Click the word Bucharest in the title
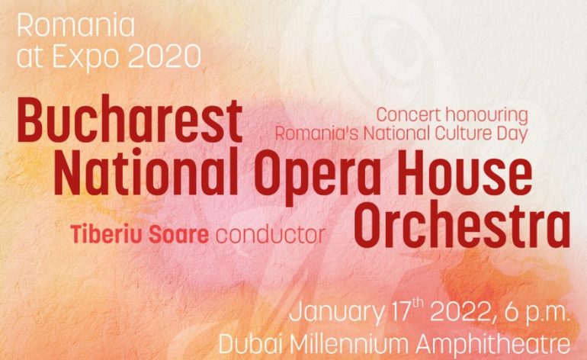click(x=130, y=121)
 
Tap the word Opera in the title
click(x=318, y=175)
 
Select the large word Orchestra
click(x=462, y=225)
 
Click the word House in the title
click(x=464, y=172)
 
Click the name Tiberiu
click(x=107, y=234)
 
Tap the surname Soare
click(x=178, y=235)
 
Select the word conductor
click(x=271, y=235)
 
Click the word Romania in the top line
click(x=76, y=26)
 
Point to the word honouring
click(x=486, y=115)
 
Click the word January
click(x=335, y=313)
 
